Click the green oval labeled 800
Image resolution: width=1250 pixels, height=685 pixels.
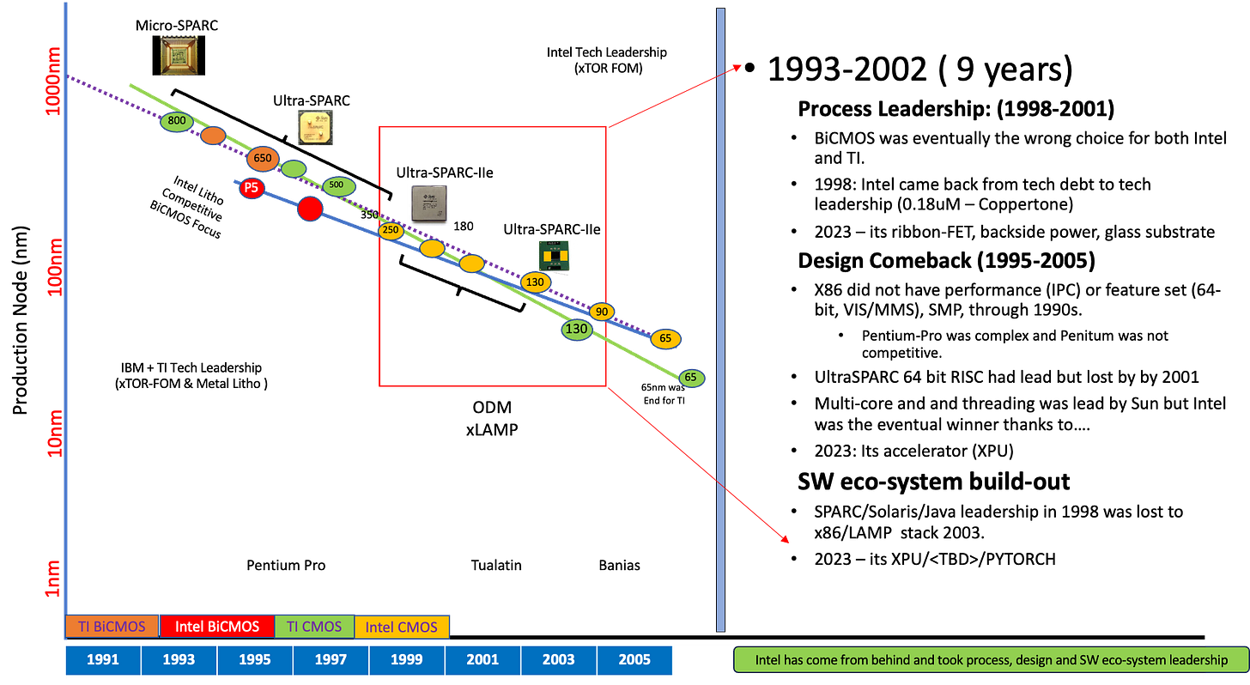tap(177, 121)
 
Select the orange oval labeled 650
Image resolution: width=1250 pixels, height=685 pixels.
tap(263, 158)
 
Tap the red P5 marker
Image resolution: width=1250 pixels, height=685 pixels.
tap(251, 187)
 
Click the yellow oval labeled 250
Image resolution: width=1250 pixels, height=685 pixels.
tap(391, 230)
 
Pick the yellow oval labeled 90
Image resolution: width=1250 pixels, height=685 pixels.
tap(601, 312)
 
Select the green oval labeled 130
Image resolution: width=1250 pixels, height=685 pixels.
tap(576, 329)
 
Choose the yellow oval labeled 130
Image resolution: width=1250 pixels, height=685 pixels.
tap(535, 282)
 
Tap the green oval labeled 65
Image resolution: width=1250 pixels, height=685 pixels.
tap(691, 378)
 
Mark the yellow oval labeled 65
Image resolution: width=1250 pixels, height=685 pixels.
tap(665, 339)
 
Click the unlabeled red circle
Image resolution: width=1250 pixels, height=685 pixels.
tap(310, 208)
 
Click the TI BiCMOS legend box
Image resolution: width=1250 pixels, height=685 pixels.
tap(112, 626)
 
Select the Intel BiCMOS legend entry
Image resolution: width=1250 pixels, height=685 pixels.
tap(217, 627)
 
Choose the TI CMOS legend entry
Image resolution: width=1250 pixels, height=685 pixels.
tap(313, 627)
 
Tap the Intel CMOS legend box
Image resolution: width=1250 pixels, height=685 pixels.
tap(402, 627)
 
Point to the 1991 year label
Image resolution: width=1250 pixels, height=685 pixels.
tap(103, 660)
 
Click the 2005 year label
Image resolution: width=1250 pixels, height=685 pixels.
tap(634, 660)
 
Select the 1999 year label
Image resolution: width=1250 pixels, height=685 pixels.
tap(406, 660)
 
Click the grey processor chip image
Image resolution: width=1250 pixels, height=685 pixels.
tap(428, 203)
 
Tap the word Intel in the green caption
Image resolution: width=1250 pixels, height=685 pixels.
tap(770, 660)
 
